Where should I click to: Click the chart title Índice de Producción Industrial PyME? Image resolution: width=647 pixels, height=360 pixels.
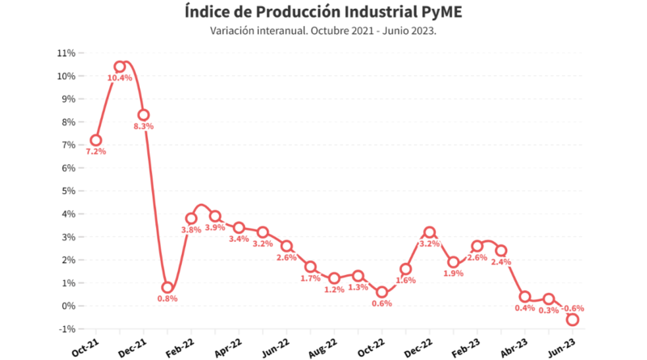[x=323, y=12]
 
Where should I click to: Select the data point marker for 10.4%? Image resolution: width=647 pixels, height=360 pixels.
[x=120, y=67]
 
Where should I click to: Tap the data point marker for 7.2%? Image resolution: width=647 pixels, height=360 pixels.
[x=96, y=140]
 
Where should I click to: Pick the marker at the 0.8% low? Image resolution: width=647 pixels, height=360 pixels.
[x=167, y=287]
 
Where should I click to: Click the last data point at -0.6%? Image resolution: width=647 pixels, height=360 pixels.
[x=573, y=320]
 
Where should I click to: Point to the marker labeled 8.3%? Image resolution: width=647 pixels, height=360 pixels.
[x=144, y=115]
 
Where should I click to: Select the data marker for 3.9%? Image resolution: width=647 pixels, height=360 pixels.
[x=215, y=216]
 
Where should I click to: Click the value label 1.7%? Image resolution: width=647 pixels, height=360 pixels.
[x=310, y=279]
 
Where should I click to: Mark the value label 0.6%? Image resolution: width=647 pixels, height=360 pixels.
[x=382, y=303]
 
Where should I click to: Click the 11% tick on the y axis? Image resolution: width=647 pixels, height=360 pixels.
[x=66, y=53]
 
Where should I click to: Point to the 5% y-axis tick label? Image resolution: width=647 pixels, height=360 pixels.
[x=68, y=191]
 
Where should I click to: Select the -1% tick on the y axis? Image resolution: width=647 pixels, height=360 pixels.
[x=66, y=329]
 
